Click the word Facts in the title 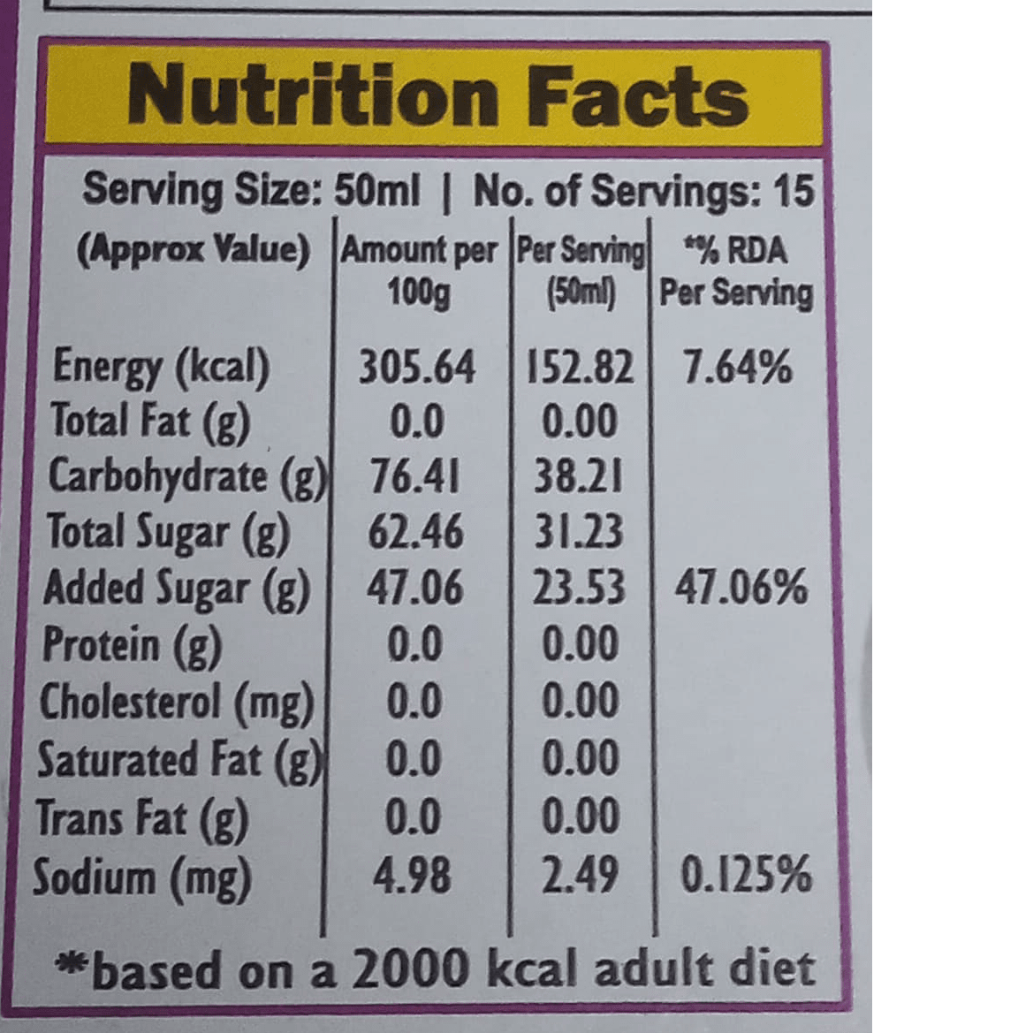638,96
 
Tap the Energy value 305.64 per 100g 416,368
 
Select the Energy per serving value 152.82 580,368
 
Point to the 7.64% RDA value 737,368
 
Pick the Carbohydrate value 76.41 414,478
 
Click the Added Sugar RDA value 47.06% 741,589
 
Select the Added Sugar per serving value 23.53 579,589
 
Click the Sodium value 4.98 412,877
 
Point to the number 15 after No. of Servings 793,191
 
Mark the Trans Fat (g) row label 141,819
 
